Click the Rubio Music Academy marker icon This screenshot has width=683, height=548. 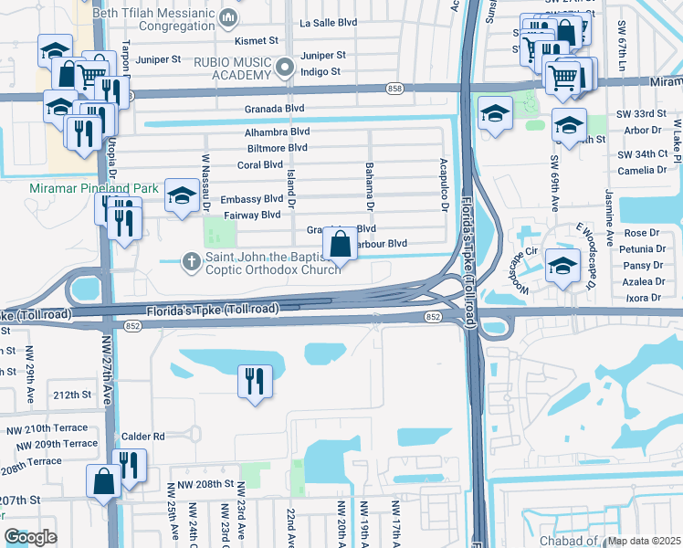tap(285, 66)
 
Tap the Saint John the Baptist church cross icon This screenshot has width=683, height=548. tap(191, 261)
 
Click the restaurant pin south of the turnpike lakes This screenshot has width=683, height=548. tap(256, 379)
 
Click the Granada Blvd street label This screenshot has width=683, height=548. tap(274, 108)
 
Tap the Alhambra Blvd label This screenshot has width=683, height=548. tap(278, 132)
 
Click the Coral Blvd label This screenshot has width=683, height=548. tap(260, 164)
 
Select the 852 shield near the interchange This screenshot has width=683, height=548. tap(433, 316)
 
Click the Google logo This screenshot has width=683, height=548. tap(30, 537)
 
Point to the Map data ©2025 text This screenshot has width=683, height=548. tap(644, 541)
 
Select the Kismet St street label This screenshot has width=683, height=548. tap(257, 40)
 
